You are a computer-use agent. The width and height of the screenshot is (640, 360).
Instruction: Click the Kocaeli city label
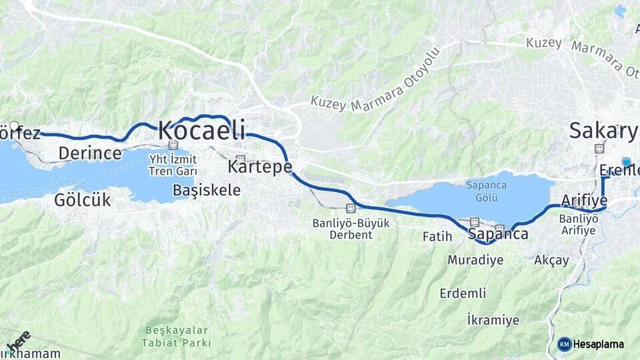(x=201, y=130)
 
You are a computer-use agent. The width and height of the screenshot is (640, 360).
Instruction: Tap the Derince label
(x=90, y=153)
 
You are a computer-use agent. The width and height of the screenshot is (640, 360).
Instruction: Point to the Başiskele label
(x=207, y=190)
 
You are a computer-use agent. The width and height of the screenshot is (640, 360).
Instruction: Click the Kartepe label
(x=260, y=165)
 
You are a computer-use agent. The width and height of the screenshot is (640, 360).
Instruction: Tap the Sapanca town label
(x=498, y=234)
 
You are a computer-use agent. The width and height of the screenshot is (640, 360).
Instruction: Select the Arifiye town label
(x=584, y=200)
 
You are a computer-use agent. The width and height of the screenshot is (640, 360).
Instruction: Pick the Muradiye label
(x=475, y=260)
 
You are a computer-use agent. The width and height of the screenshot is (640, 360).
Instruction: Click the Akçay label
(x=551, y=260)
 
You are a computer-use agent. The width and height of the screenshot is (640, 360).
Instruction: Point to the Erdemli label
(x=463, y=293)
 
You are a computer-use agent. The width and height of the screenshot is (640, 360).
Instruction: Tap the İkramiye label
(x=493, y=320)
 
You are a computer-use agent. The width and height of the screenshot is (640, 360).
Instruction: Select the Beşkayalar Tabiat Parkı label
(x=176, y=337)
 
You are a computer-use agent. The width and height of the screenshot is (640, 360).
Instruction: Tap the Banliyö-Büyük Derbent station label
(x=351, y=229)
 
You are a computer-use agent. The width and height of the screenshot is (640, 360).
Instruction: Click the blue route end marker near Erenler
(x=626, y=162)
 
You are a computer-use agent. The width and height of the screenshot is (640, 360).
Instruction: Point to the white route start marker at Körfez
(x=14, y=125)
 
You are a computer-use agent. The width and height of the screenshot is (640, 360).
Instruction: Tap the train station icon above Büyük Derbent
(x=351, y=208)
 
